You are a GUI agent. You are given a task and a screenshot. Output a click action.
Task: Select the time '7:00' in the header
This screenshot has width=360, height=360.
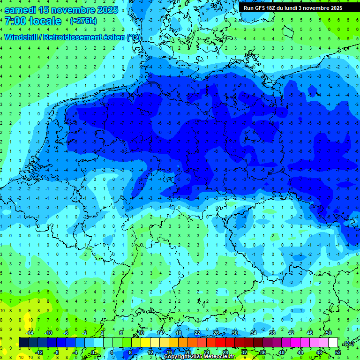pos(15,21)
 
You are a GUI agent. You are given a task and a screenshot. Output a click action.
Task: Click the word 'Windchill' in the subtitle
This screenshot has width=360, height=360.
pos(22,37)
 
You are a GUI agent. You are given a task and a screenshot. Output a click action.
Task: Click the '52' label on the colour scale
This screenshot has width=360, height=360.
pos(338,352)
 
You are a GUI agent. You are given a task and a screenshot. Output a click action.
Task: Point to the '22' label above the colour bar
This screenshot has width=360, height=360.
pos(197,332)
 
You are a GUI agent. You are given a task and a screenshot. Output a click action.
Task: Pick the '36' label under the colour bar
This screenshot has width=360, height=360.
pos(263,352)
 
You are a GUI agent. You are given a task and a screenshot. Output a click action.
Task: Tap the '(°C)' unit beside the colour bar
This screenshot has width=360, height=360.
pos(346,343)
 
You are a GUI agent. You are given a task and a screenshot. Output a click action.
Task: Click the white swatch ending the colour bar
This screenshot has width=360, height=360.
pos(333,343)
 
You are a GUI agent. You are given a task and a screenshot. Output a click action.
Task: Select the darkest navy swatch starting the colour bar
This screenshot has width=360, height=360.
pos(23,343)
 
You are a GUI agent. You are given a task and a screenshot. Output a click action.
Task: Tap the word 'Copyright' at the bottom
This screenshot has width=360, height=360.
pos(177,357)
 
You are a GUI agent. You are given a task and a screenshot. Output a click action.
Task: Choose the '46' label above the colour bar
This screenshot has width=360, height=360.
pos(310,332)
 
